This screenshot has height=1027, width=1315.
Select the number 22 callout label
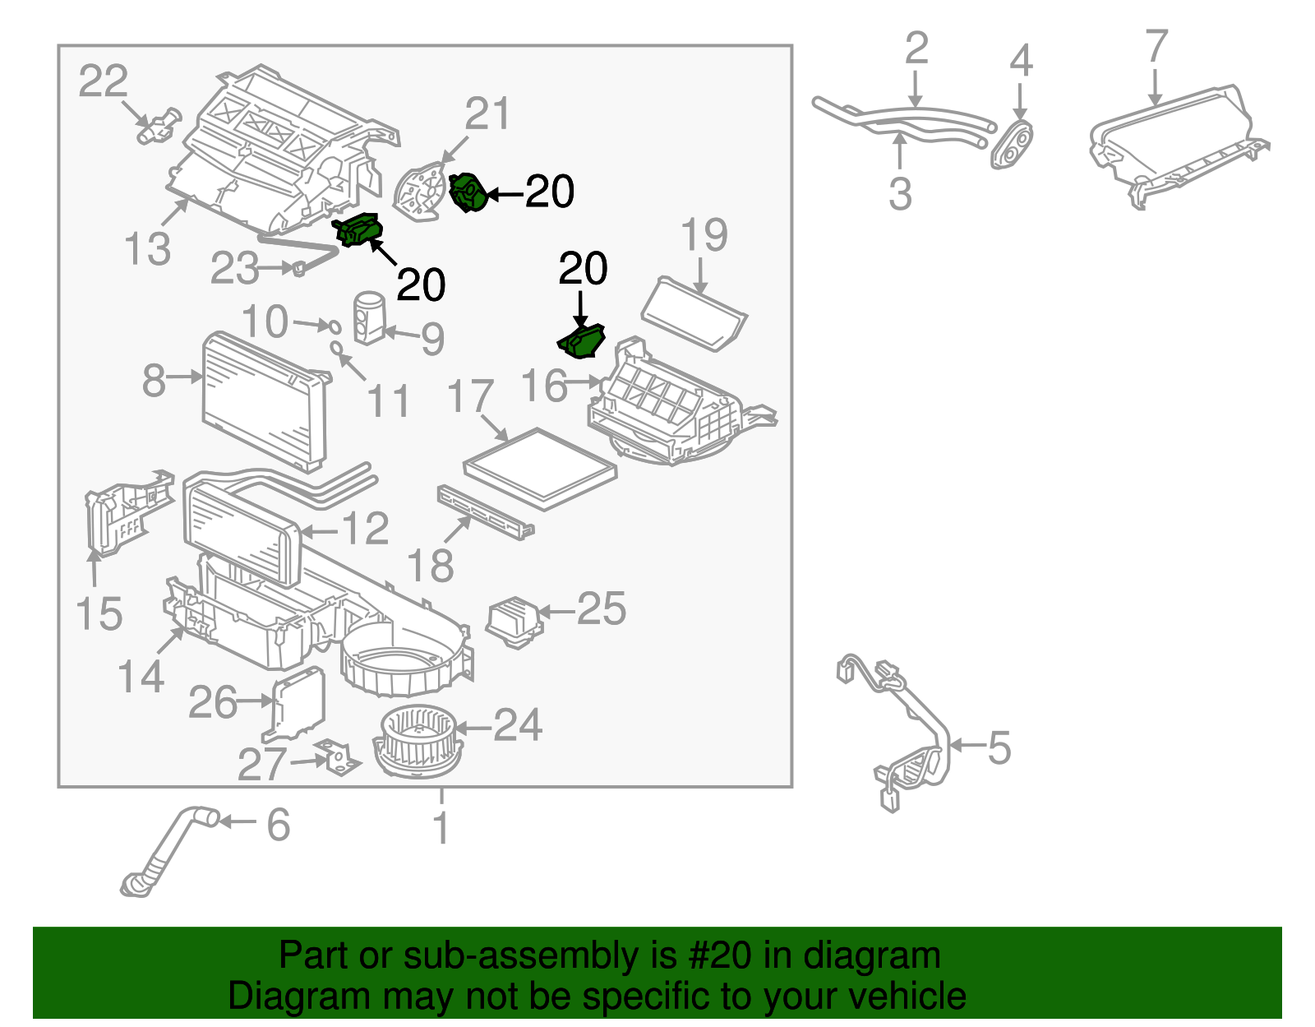104,81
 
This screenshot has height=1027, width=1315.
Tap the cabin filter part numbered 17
540,468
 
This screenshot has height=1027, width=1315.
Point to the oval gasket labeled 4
1012,145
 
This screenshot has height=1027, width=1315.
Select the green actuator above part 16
582,341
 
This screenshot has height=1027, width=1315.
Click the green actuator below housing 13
358,229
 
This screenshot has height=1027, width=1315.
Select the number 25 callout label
602,609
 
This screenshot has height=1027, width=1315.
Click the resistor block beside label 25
513,622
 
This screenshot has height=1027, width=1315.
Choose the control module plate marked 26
298,703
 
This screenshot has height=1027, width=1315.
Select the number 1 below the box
441,827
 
